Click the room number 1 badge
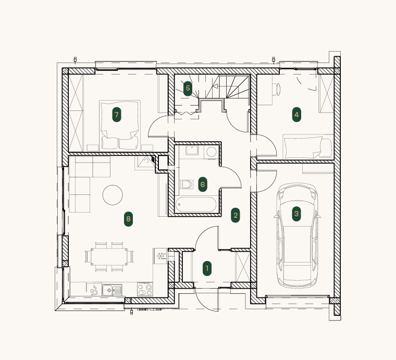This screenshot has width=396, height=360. [x=207, y=269]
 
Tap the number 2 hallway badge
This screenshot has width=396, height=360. [x=236, y=215]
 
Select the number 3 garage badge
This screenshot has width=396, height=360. [x=296, y=214]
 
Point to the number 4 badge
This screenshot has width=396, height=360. [x=296, y=115]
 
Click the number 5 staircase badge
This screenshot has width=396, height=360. [x=188, y=89]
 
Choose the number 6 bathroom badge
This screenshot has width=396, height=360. [x=203, y=184]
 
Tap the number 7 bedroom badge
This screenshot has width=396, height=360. [x=116, y=115]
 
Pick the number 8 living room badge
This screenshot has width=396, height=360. [x=128, y=219]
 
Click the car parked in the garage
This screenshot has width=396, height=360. [x=297, y=235]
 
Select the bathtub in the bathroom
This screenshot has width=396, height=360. [x=196, y=205]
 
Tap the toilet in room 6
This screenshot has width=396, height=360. [x=187, y=184]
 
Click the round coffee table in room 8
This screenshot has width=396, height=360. [x=113, y=195]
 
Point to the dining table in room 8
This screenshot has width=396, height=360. [x=109, y=256]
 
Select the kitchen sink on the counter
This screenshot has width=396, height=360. [x=112, y=290]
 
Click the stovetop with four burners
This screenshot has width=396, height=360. [x=145, y=289]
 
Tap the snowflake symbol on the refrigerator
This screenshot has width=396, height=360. [x=160, y=256]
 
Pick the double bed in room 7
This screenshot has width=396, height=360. [x=120, y=126]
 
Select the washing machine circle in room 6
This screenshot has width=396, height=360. [x=212, y=152]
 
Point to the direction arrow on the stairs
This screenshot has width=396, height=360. [x=215, y=86]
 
